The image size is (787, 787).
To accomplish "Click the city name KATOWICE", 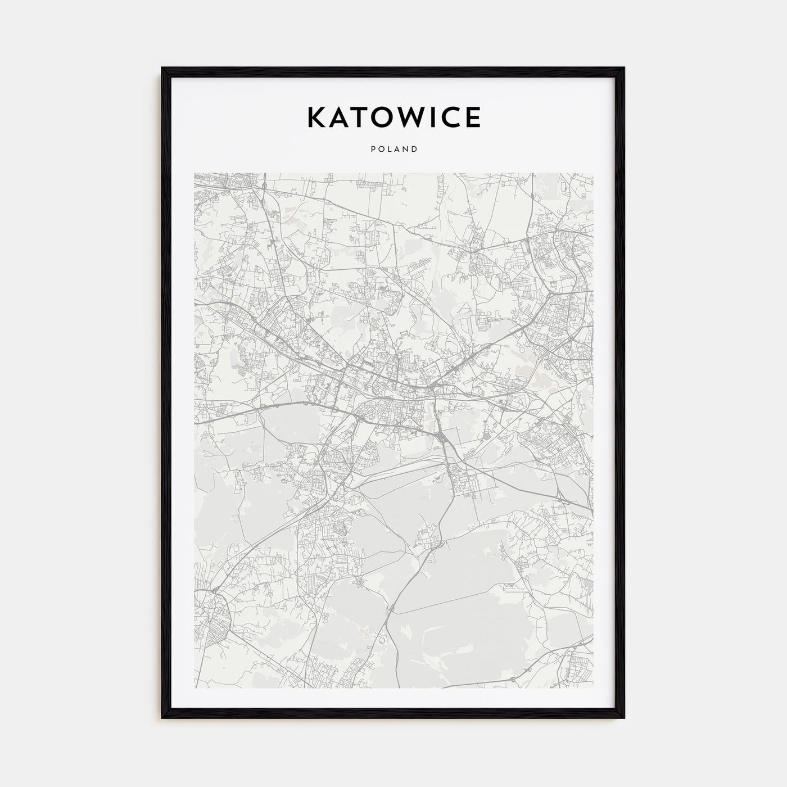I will (x=393, y=117).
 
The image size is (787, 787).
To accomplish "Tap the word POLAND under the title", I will (x=393, y=150).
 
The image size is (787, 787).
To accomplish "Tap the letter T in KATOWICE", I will (x=358, y=117).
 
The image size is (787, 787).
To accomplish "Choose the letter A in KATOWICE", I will (x=337, y=117).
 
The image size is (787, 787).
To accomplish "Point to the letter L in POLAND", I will (x=389, y=150).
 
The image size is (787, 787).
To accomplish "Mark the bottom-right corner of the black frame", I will (x=624, y=718).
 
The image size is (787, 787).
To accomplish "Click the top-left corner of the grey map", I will (x=195, y=173).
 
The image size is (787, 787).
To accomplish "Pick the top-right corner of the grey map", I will (x=593, y=173).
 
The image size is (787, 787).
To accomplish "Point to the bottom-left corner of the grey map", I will (x=195, y=688).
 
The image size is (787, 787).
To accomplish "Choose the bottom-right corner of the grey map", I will (x=593, y=688).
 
